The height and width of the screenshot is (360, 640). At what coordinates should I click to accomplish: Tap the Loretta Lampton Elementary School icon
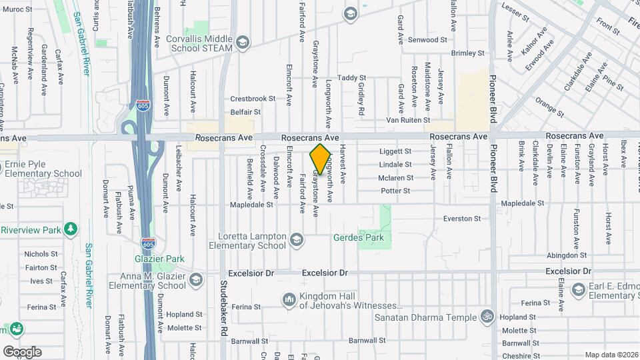pos(297,237)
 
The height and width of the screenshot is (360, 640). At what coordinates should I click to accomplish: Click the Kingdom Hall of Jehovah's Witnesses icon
pos(289,300)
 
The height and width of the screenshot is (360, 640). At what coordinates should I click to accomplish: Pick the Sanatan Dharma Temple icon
pos(487,317)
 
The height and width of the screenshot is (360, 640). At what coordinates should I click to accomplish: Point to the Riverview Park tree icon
pos(71,229)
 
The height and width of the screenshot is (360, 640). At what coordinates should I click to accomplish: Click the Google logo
pos(22,351)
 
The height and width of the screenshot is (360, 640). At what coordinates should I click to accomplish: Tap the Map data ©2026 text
pos(611,355)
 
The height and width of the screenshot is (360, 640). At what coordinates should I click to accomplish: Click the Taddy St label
pos(352,78)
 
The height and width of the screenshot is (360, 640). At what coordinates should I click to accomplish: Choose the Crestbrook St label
pos(253,99)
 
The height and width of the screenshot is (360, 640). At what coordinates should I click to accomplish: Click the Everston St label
pos(462,219)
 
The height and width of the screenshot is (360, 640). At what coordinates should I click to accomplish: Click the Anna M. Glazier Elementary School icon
pos(195,279)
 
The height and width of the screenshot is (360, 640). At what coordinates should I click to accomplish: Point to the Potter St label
pos(395,191)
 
